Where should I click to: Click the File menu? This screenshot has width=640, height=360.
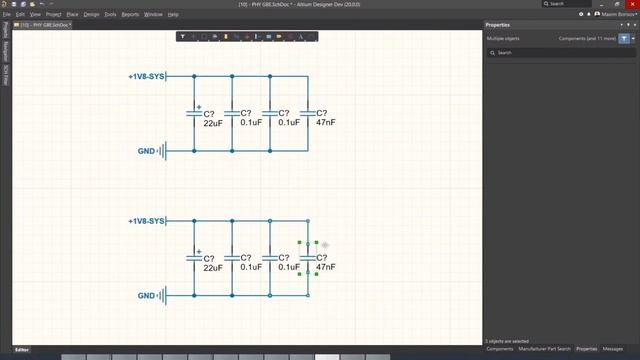tap(6, 15)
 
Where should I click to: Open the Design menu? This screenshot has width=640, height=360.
tap(91, 15)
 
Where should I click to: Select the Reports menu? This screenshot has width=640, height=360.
tap(130, 15)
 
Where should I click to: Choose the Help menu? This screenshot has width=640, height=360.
tap(173, 15)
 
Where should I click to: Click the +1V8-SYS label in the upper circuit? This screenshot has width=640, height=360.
tap(146, 77)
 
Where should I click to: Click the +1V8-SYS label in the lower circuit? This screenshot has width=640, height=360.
tap(146, 221)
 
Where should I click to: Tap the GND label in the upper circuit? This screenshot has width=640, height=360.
tap(146, 151)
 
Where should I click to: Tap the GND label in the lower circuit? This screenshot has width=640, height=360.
tap(146, 296)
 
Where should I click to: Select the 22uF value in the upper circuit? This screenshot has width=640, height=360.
tap(212, 123)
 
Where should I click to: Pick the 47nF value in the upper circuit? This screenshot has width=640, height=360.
tap(325, 123)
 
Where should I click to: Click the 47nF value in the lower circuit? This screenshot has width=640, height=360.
tap(325, 268)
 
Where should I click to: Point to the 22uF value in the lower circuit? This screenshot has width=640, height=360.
tap(212, 268)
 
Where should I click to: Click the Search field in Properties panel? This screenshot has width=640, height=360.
tap(560, 52)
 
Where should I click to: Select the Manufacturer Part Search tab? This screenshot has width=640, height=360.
tap(545, 349)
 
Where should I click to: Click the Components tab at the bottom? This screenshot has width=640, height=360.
tap(499, 349)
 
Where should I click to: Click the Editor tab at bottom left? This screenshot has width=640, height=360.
tap(21, 350)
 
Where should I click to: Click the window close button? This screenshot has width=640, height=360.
tap(632, 5)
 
